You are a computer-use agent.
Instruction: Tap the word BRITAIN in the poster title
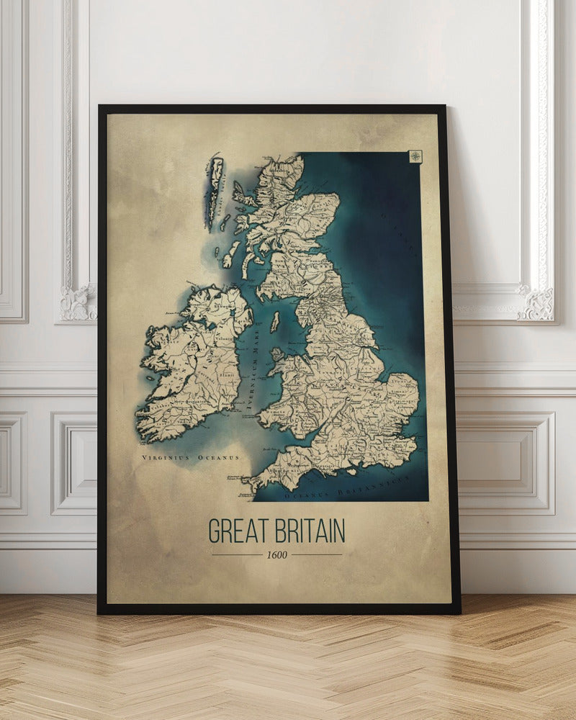tap(306, 531)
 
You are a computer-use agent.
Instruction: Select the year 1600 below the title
tap(276, 554)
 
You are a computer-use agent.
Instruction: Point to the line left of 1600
tap(237, 554)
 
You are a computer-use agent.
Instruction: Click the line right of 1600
tap(316, 554)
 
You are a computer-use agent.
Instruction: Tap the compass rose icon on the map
tap(415, 156)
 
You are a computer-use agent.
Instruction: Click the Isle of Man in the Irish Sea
tap(274, 322)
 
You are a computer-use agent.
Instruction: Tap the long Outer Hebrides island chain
tap(214, 187)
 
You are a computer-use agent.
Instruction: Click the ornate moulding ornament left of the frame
tap(78, 302)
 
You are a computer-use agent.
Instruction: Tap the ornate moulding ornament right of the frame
tap(536, 302)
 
